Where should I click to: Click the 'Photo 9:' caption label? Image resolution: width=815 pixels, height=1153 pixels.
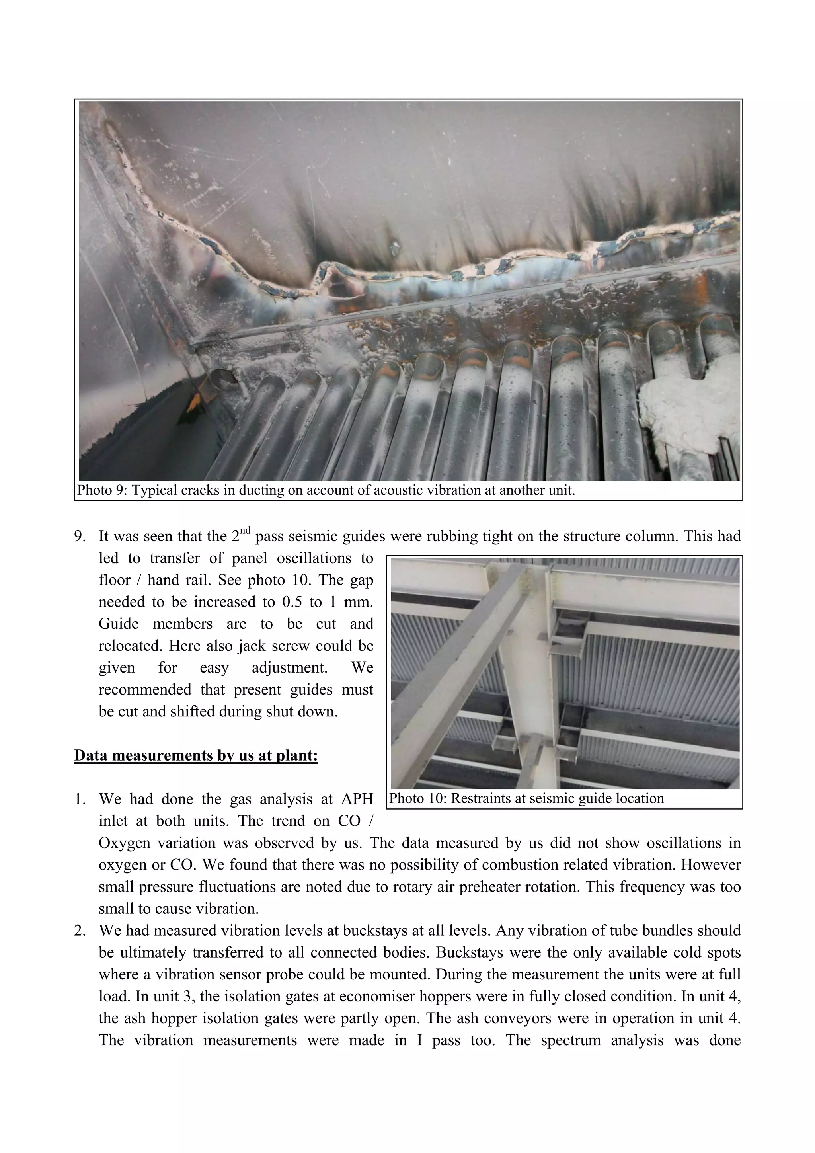point(102,490)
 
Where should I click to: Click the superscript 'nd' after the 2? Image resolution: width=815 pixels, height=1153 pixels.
point(245,531)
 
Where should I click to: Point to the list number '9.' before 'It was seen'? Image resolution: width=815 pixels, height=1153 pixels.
point(81,537)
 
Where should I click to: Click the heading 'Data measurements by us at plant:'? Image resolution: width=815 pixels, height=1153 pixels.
point(196,755)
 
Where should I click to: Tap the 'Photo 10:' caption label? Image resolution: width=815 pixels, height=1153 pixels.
point(418,798)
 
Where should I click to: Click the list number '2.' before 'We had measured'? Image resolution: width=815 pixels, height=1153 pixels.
point(81,931)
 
